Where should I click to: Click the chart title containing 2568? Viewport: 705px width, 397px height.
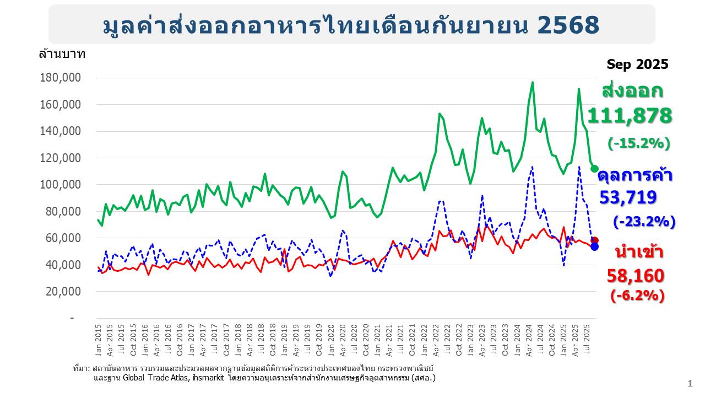pos(351,25)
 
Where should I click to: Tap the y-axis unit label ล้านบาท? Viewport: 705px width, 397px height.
pos(62,54)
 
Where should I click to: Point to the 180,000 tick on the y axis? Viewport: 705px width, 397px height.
pos(61,78)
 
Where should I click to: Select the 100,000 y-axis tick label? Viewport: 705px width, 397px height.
pos(61,184)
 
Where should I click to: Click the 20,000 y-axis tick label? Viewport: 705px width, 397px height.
pos(63,291)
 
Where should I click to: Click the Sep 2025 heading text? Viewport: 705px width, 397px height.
pos(637,65)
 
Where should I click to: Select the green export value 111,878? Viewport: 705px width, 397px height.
pos(630,116)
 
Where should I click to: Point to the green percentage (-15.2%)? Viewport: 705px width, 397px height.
pos(638,143)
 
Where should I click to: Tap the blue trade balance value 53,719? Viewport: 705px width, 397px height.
pos(628,198)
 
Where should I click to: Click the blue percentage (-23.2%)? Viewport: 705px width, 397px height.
pos(644,222)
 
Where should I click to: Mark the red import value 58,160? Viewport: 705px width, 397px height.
pos(636,276)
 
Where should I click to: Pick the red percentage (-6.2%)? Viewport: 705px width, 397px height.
pos(637,296)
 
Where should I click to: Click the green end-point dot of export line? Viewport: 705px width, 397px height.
pos(594,169)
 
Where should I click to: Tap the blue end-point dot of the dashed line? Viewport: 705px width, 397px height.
pos(594,246)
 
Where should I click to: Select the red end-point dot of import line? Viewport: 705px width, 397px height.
pos(594,241)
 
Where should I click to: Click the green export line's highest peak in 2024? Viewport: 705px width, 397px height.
pos(532,83)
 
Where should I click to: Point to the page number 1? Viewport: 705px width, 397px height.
pos(690,383)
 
